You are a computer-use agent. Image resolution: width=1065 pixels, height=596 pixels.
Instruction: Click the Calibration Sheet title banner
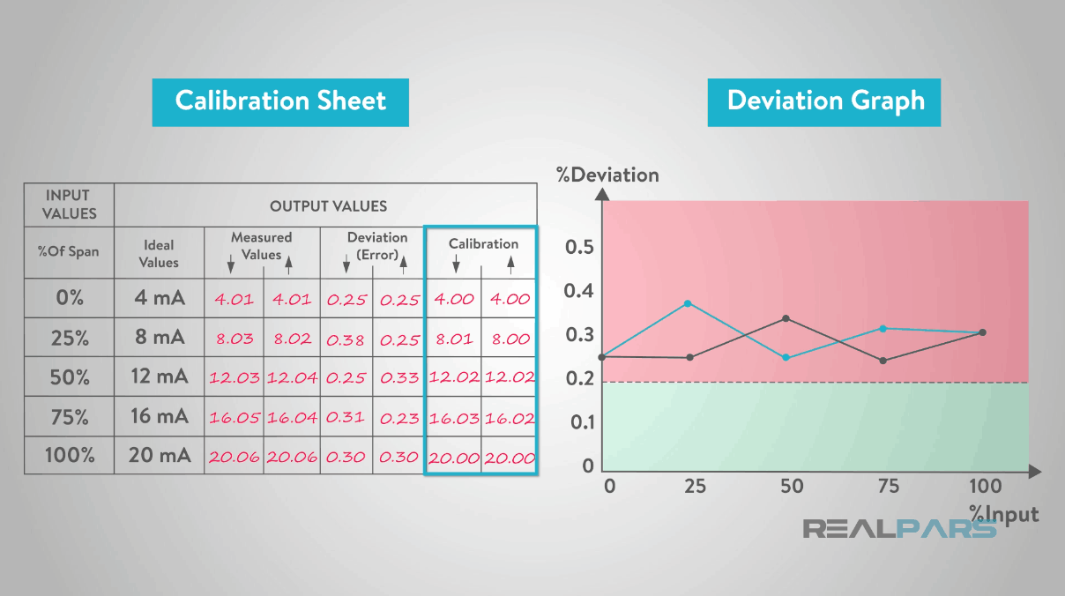pos(280,101)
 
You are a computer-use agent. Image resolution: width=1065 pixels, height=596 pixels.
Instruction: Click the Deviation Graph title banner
pos(824,101)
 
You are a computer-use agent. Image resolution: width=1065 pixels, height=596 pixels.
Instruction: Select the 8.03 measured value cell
pos(234,339)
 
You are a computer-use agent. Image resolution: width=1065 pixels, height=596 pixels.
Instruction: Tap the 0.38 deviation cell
pos(346,339)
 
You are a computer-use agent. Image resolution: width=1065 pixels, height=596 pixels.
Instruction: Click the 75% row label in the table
pos(70,416)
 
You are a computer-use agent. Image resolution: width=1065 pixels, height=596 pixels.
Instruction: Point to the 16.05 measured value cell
pos(234,418)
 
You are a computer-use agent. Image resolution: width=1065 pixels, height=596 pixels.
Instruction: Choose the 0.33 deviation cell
pos(398,377)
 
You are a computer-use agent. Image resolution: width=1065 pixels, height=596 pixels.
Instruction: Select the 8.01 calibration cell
pos(454,339)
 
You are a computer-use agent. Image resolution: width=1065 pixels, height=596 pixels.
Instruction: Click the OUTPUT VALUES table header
pos(328,206)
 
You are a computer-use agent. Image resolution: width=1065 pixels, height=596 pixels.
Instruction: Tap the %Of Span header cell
pos(69,252)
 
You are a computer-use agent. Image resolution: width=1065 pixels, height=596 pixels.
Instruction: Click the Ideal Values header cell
pos(159,253)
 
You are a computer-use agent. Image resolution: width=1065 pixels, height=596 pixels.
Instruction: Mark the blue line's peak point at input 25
pos(688,303)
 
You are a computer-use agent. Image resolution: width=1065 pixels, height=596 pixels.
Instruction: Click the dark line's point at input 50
pos(786,318)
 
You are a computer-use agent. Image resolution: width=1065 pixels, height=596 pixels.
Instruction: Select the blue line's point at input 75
pos(883,328)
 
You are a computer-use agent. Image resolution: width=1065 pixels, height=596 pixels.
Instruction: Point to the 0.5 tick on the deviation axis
pos(579,247)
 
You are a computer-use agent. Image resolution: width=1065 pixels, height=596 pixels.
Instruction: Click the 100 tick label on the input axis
pos(984,486)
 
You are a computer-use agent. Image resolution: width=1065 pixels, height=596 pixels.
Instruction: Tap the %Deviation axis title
pos(607,175)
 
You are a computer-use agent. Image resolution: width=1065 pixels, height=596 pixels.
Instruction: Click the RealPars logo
pos(899,529)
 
